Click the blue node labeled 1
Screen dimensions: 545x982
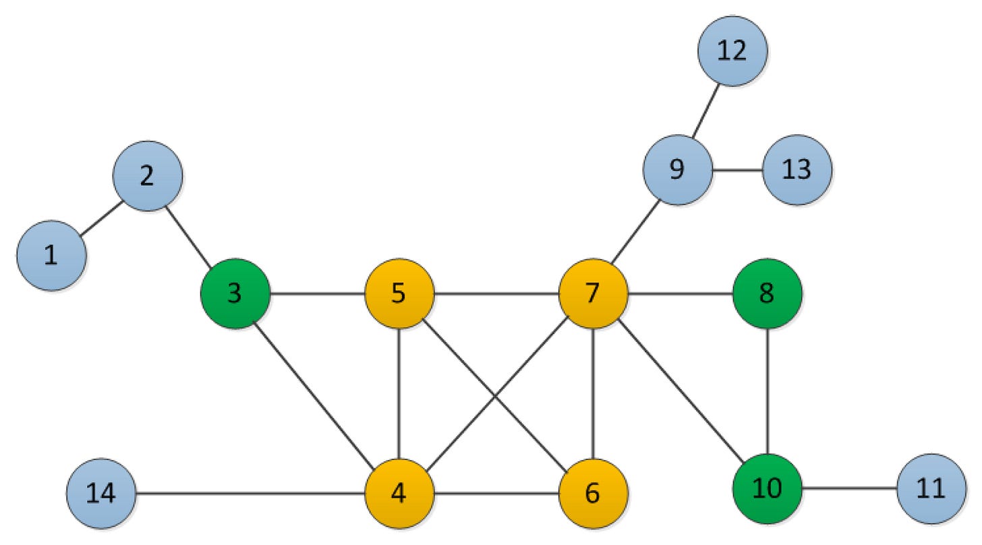(x=51, y=256)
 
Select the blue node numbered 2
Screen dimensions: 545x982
(x=148, y=175)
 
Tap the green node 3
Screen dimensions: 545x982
(x=235, y=294)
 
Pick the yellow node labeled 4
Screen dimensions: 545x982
(x=399, y=493)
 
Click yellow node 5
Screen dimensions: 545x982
(x=399, y=294)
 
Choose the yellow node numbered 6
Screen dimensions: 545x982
(x=593, y=493)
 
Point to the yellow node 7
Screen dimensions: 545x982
(x=593, y=294)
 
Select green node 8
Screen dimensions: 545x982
(x=767, y=294)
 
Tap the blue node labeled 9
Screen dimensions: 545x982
(x=677, y=170)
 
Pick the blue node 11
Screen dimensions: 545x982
(x=931, y=488)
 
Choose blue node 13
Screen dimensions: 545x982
(x=797, y=170)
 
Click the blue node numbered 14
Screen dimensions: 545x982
(x=101, y=493)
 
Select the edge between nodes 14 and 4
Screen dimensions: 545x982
(x=250, y=493)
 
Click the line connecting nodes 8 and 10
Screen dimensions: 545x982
(x=767, y=391)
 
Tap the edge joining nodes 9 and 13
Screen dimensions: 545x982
(x=737, y=170)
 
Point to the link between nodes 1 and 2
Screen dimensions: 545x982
(x=101, y=217)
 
